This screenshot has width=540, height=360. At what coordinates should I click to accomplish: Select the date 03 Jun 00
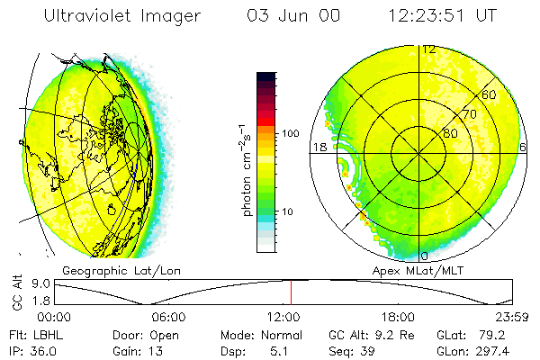291,16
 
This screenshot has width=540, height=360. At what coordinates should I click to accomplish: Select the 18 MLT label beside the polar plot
318,147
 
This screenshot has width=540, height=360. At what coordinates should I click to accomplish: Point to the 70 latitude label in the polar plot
469,114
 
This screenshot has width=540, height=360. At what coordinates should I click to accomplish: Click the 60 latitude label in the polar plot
489,94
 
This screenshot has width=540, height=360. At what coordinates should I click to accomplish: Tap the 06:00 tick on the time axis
168,317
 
